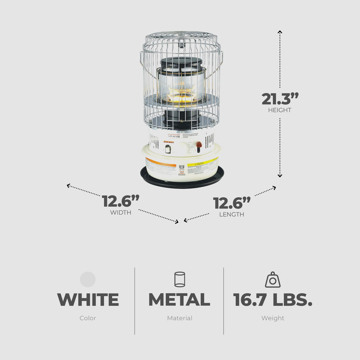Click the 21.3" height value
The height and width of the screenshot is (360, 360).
(280, 99)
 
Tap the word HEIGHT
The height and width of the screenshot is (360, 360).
(280, 110)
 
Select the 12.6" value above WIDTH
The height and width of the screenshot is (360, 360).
(120, 201)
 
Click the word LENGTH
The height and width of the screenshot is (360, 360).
(231, 214)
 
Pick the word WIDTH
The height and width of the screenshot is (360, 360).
(120, 212)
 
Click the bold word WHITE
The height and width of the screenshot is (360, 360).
(88, 300)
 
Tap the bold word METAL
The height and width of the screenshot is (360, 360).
(179, 300)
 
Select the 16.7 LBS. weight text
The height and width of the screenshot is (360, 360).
(273, 300)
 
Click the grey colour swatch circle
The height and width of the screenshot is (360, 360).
(88, 279)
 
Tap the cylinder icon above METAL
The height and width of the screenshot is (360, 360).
(180, 279)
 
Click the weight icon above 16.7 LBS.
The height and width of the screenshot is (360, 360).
(273, 280)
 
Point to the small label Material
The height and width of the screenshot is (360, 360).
(180, 318)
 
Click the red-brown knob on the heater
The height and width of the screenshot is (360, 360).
(199, 145)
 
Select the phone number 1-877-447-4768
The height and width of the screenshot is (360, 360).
(173, 137)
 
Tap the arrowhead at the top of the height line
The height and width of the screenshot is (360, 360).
(280, 32)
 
